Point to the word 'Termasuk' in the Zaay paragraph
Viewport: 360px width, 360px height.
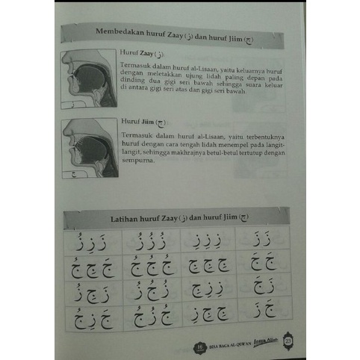134,66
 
